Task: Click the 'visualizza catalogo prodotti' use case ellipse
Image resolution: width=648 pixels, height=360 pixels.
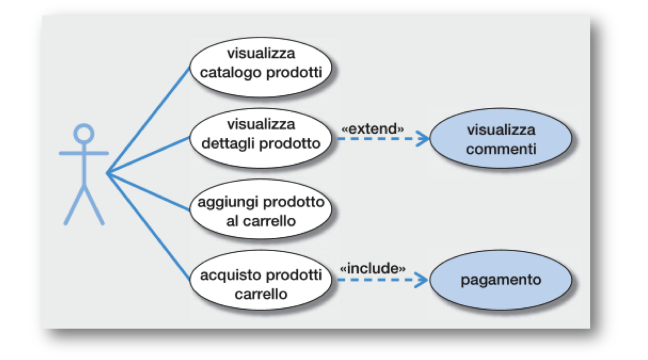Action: click(261, 63)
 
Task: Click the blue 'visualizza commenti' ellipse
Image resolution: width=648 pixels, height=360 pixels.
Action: click(501, 139)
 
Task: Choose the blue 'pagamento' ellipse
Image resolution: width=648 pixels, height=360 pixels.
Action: click(501, 280)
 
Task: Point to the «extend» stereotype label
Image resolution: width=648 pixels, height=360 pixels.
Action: click(372, 129)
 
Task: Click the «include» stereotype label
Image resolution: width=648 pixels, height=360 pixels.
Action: click(373, 269)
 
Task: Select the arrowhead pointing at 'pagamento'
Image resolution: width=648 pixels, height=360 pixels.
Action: click(424, 280)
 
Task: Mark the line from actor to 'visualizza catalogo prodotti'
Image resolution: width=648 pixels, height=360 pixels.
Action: click(147, 120)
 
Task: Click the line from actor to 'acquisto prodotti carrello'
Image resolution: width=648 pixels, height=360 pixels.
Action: click(147, 227)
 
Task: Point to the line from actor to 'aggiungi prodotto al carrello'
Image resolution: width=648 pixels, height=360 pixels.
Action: click(147, 192)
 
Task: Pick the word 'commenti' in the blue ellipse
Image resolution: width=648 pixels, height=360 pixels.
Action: click(501, 148)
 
